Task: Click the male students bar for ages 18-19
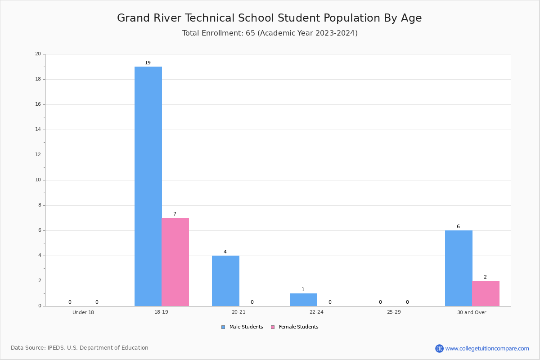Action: coord(148,186)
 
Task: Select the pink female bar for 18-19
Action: coord(175,262)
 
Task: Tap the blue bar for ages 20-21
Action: coord(225,281)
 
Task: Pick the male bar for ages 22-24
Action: coord(303,300)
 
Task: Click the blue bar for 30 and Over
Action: coord(459,268)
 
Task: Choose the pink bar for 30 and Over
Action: coord(486,293)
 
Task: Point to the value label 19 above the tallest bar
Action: coord(148,63)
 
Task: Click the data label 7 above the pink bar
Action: coord(175,214)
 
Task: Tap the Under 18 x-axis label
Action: coord(83,312)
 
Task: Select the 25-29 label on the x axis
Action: coord(394,312)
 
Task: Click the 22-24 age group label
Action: coord(316,312)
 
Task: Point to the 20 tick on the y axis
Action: coord(38,54)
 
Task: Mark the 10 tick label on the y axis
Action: coord(38,180)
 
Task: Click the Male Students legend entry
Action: coord(242,327)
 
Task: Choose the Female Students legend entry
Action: coord(295,327)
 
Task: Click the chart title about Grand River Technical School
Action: coord(270,18)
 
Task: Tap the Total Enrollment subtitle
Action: coord(270,33)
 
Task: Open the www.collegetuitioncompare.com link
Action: coord(487,348)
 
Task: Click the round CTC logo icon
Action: coord(439,348)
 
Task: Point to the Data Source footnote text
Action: coord(80,348)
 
